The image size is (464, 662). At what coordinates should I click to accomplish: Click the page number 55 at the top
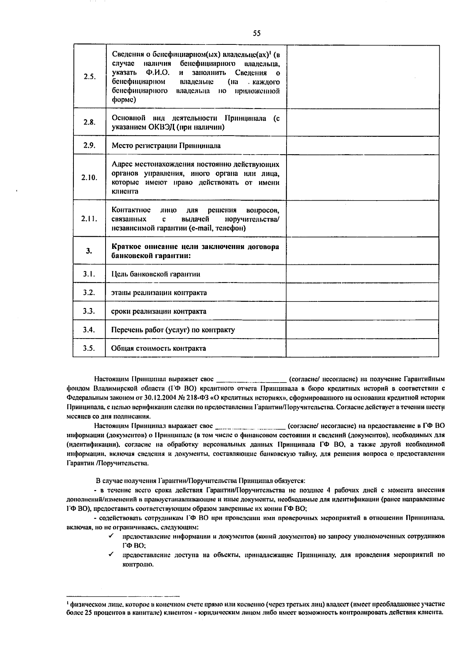click(x=257, y=34)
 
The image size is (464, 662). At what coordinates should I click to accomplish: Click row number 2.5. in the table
click(x=89, y=77)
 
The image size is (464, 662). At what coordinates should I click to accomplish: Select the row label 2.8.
click(x=89, y=122)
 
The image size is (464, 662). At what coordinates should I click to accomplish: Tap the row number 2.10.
click(x=89, y=177)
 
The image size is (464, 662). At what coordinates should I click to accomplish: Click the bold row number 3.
click(x=89, y=251)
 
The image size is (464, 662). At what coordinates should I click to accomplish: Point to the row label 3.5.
click(x=89, y=348)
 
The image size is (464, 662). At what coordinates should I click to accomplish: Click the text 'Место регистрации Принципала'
click(x=166, y=146)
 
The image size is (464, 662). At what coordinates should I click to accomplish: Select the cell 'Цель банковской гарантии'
click(x=155, y=274)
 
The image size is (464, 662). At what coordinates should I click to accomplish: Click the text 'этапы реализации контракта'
click(x=159, y=293)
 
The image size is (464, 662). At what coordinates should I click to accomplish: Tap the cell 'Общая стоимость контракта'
click(x=159, y=348)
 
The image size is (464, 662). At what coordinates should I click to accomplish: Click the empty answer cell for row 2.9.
click(x=362, y=146)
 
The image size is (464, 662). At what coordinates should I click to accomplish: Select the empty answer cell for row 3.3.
click(x=362, y=311)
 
